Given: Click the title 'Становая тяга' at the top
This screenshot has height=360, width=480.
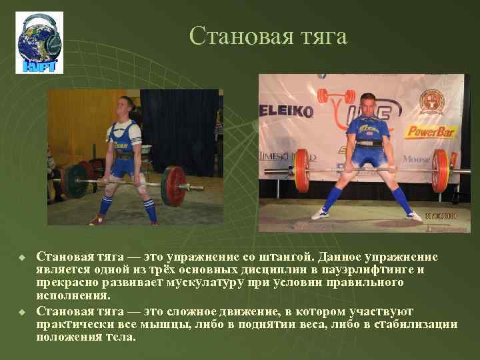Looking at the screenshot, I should tap(268, 36).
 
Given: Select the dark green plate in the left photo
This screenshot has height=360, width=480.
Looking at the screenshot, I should tap(77, 181).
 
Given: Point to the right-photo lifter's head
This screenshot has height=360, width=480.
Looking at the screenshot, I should tap(367, 103).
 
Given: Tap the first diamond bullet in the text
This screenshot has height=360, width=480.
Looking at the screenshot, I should tap(22, 257).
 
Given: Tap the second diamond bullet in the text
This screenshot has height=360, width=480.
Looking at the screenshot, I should tap(22, 312).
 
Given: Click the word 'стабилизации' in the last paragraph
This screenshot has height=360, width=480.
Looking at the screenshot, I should tap(419, 324).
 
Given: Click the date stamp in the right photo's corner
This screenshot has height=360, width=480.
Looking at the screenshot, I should tap(442, 216).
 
